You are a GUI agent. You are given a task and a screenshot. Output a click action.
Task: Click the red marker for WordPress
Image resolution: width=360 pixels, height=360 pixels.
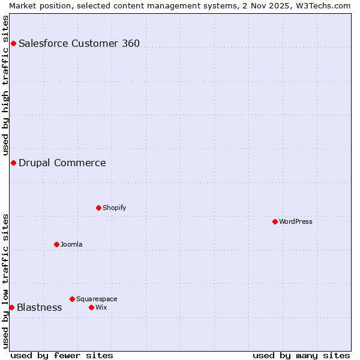pos(275,221)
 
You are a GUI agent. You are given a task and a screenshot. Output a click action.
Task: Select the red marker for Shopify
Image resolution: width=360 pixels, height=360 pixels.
pos(98,208)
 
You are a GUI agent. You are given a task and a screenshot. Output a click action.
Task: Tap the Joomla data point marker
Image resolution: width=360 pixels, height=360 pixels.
pos(56,244)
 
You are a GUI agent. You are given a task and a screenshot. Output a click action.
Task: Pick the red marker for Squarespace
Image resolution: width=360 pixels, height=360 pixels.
pos(72,299)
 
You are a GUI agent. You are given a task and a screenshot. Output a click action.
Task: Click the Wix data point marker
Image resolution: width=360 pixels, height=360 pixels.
pos(91,307)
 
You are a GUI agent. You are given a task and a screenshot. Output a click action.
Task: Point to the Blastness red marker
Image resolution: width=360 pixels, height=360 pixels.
pos(11,307)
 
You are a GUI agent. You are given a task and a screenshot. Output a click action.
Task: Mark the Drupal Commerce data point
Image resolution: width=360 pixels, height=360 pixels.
pos(13,163)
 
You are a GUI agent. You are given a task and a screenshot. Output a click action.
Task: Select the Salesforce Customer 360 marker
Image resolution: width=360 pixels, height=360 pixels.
pos(13,43)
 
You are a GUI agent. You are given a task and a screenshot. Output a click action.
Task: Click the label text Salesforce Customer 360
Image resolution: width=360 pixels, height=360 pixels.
pos(79,43)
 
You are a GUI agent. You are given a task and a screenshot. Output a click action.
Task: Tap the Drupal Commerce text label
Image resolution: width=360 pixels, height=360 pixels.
pos(62,163)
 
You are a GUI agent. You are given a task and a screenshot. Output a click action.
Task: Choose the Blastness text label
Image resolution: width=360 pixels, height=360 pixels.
pos(40,307)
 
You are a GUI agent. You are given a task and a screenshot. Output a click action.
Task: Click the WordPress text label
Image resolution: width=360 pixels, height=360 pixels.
pos(296,221)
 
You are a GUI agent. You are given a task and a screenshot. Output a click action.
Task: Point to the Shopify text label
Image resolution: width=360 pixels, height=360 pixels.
pos(115,208)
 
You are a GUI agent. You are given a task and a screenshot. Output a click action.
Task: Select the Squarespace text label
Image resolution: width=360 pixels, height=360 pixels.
pos(97,299)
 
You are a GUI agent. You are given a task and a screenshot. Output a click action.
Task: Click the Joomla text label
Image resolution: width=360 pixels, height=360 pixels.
pos(72,244)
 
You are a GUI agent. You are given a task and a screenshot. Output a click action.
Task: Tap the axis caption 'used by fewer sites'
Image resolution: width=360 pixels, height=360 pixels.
pos(62,356)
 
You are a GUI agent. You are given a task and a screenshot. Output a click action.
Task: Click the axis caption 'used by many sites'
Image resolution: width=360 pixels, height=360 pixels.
pos(301,356)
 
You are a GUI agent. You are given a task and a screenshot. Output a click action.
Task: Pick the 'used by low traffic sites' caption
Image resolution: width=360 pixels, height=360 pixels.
pos(5,281)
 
